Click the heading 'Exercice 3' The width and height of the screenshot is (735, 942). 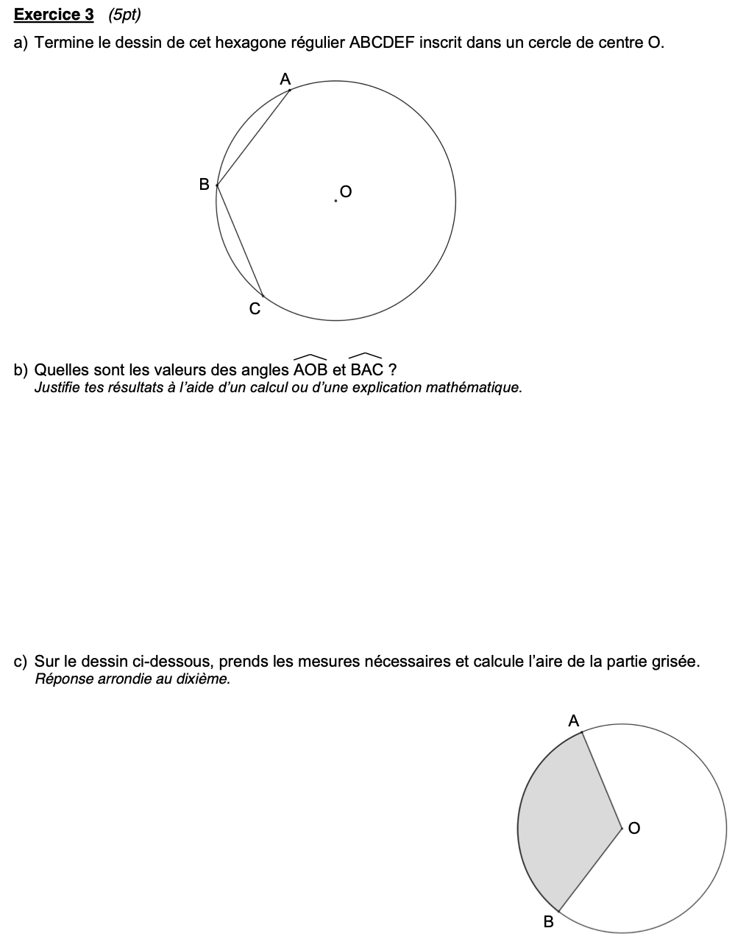click(54, 15)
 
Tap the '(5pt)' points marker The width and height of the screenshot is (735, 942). click(124, 15)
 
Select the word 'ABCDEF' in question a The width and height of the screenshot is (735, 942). click(383, 43)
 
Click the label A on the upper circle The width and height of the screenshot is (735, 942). click(285, 79)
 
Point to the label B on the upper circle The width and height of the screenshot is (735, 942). click(205, 184)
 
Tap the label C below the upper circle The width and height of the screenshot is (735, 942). click(255, 310)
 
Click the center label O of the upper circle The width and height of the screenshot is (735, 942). click(346, 192)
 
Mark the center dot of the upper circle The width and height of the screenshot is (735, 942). click(335, 200)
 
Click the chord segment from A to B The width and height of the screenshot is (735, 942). click(253, 137)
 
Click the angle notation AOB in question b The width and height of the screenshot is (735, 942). click(310, 368)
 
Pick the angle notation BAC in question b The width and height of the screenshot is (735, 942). click(366, 368)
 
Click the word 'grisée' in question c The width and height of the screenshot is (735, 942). click(674, 662)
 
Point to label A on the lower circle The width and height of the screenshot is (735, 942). click(574, 720)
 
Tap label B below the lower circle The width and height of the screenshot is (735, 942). click(547, 921)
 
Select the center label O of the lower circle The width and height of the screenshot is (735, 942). click(633, 829)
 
